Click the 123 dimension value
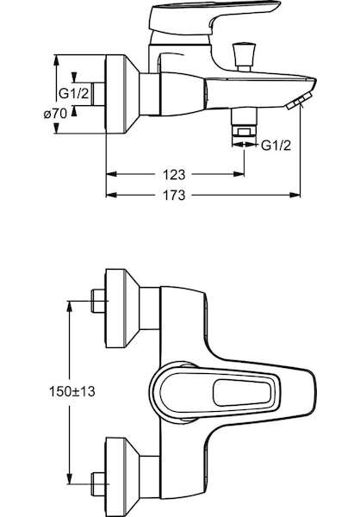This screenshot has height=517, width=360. click(174, 174)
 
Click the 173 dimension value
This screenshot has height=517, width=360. click(174, 196)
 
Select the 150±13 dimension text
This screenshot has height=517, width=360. click(71, 392)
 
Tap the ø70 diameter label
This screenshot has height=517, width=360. click(55, 114)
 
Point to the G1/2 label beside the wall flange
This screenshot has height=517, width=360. click(74, 94)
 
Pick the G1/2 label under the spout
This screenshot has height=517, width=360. click(276, 145)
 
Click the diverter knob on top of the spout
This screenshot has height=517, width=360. click(245, 56)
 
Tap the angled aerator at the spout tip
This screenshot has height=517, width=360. click(299, 101)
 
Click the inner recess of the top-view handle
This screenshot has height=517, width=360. click(242, 393)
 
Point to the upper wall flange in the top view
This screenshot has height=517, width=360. click(121, 308)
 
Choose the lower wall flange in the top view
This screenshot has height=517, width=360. click(121, 477)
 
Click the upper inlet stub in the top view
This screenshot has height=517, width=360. click(98, 301)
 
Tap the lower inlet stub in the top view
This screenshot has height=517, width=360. click(98, 484)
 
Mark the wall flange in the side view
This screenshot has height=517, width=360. click(121, 94)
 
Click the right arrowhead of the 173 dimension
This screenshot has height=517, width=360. click(295, 196)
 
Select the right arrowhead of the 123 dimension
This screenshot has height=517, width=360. click(239, 174)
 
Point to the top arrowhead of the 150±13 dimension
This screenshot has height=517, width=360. click(69, 306)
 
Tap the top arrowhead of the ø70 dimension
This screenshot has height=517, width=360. click(57, 60)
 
